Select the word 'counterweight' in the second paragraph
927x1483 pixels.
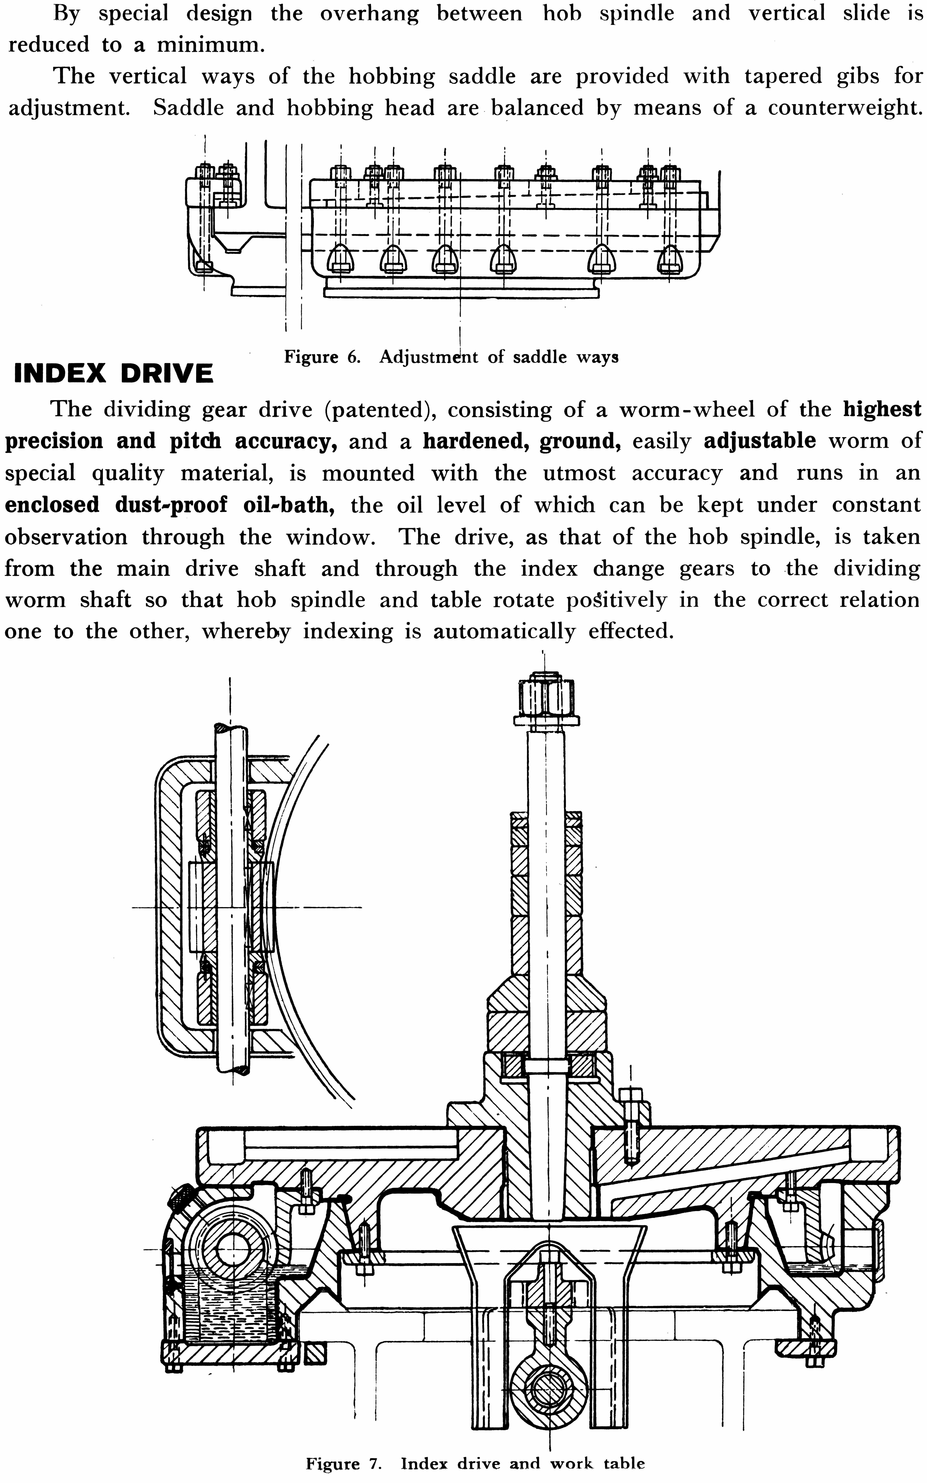click(845, 108)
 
